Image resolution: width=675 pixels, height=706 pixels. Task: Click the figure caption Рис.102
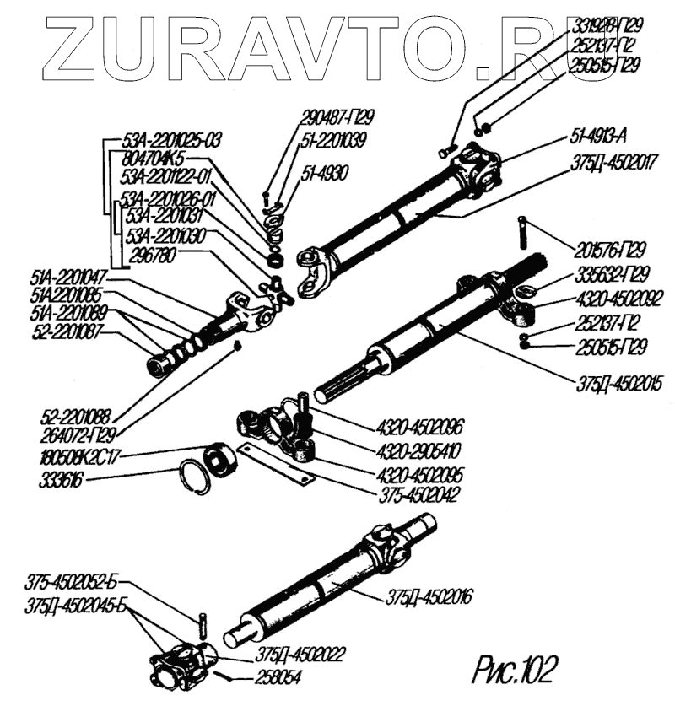coord(516,669)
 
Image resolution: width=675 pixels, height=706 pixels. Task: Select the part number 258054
coord(278,677)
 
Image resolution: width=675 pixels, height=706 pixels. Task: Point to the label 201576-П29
coord(606,251)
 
